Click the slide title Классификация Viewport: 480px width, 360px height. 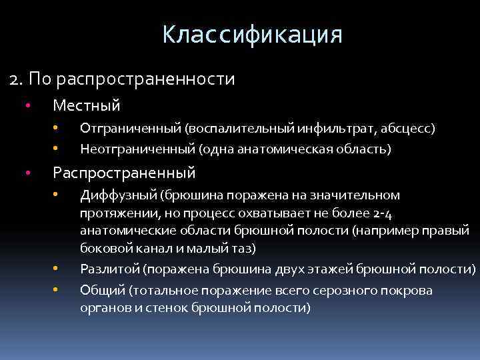tap(252, 34)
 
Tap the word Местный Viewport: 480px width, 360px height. tap(86, 105)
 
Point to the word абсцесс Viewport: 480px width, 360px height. tap(406, 127)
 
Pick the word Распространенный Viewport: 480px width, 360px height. tap(124, 173)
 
